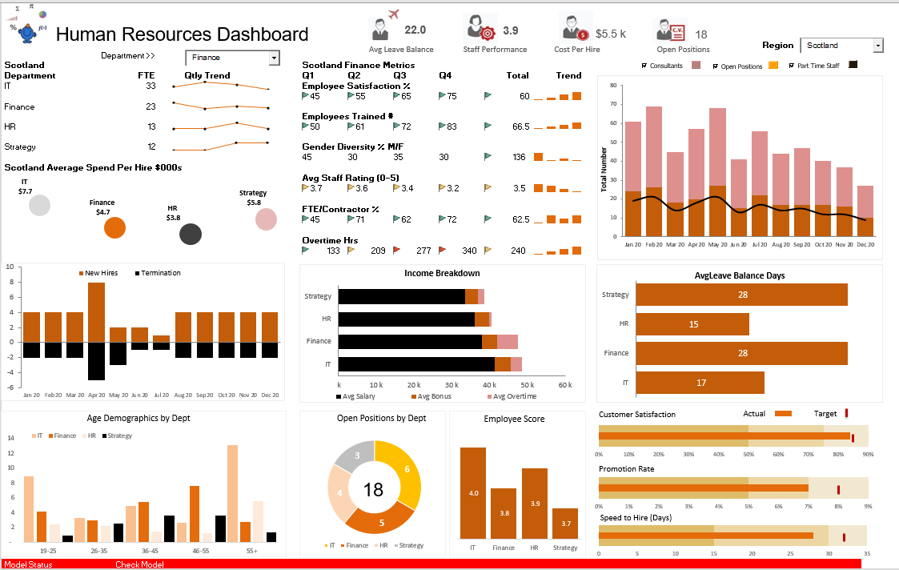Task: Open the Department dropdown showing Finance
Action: (232, 58)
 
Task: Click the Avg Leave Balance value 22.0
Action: (415, 30)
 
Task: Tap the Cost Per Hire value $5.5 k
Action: (611, 34)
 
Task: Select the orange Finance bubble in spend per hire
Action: (115, 228)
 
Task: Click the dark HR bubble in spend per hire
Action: (190, 234)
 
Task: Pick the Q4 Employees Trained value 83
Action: (452, 126)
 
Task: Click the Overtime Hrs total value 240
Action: (519, 251)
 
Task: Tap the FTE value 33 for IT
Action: (151, 86)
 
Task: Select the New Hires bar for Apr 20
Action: (96, 312)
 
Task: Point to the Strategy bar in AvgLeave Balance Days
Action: (741, 295)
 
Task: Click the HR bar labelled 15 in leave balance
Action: (692, 324)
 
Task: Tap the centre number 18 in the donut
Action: (374, 489)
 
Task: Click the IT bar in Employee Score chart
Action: (472, 493)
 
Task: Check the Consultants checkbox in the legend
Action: (645, 66)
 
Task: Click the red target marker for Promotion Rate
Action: (838, 488)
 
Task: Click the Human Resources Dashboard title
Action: (182, 34)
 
